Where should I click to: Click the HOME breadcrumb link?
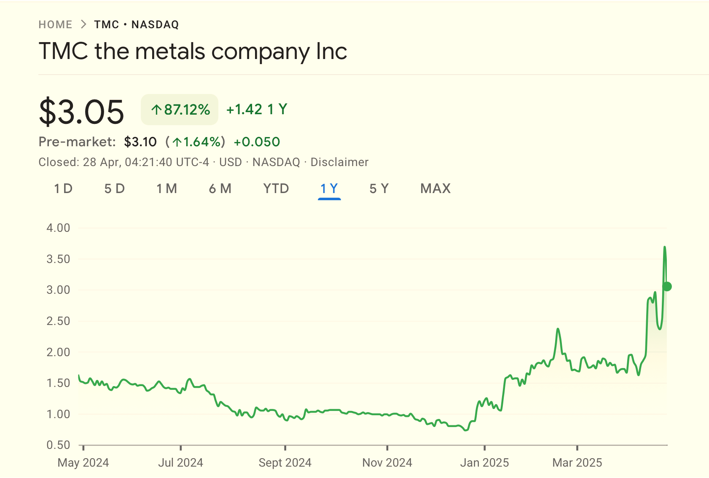pyautogui.click(x=55, y=24)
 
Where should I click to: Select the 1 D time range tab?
pyautogui.click(x=63, y=188)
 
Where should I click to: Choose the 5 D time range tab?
pyautogui.click(x=115, y=188)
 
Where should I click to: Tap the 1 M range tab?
pyautogui.click(x=167, y=188)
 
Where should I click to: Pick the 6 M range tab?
pyautogui.click(x=220, y=188)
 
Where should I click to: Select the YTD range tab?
pyautogui.click(x=276, y=188)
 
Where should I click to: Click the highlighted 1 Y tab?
pyautogui.click(x=329, y=188)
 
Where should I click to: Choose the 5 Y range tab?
pyautogui.click(x=379, y=188)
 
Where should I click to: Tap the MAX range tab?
pyautogui.click(x=435, y=188)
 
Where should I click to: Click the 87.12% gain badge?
pyautogui.click(x=180, y=110)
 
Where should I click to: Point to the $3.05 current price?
pyautogui.click(x=81, y=112)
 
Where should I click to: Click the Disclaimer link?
pyautogui.click(x=339, y=162)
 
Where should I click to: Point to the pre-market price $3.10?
pyautogui.click(x=140, y=142)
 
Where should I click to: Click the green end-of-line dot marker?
pyautogui.click(x=667, y=287)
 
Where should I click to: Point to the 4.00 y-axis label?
pyautogui.click(x=58, y=228)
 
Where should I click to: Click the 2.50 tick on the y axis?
pyautogui.click(x=58, y=321)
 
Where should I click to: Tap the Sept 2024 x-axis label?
pyautogui.click(x=285, y=463)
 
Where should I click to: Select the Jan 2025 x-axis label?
pyautogui.click(x=484, y=463)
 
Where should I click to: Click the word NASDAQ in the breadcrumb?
pyautogui.click(x=155, y=24)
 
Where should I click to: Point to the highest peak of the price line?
pyautogui.click(x=665, y=247)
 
